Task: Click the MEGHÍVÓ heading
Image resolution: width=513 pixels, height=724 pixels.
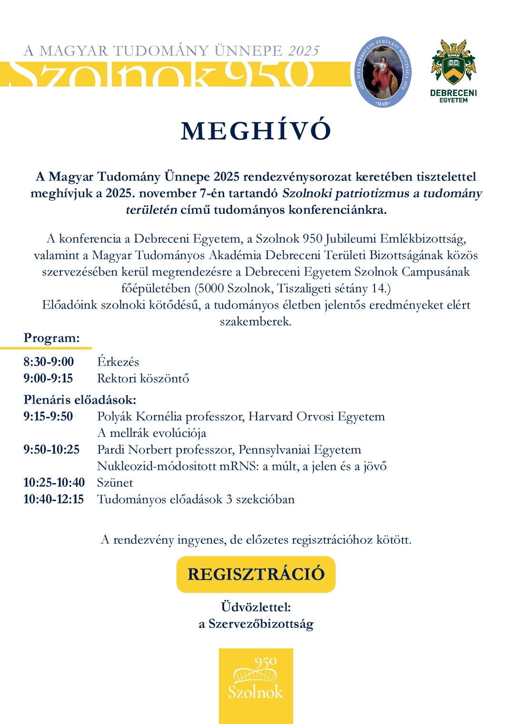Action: click(256, 131)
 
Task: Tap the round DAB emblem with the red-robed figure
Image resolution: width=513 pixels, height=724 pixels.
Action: click(383, 72)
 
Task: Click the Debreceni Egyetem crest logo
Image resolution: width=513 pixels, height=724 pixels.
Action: click(453, 71)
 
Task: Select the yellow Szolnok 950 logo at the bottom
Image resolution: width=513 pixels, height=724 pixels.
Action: click(256, 685)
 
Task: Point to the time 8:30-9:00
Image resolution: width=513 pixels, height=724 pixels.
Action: click(49, 362)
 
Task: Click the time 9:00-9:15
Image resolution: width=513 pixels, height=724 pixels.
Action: click(48, 378)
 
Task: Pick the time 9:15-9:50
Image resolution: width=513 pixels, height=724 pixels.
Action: click(48, 416)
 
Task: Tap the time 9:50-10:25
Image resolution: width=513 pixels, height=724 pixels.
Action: click(51, 450)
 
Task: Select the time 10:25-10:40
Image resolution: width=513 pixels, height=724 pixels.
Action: click(54, 483)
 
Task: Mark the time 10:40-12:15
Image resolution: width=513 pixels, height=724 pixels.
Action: click(53, 500)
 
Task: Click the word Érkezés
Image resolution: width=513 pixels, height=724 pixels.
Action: click(118, 362)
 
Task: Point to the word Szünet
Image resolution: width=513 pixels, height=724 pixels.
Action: click(115, 483)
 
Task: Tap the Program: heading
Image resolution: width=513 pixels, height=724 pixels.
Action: click(51, 338)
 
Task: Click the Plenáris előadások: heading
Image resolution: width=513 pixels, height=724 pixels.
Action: click(79, 400)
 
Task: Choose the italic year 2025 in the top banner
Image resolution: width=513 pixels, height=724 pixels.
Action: click(304, 51)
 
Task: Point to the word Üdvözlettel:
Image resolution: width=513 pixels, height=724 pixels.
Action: click(256, 607)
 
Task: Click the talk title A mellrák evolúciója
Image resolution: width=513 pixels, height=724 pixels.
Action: click(151, 433)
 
